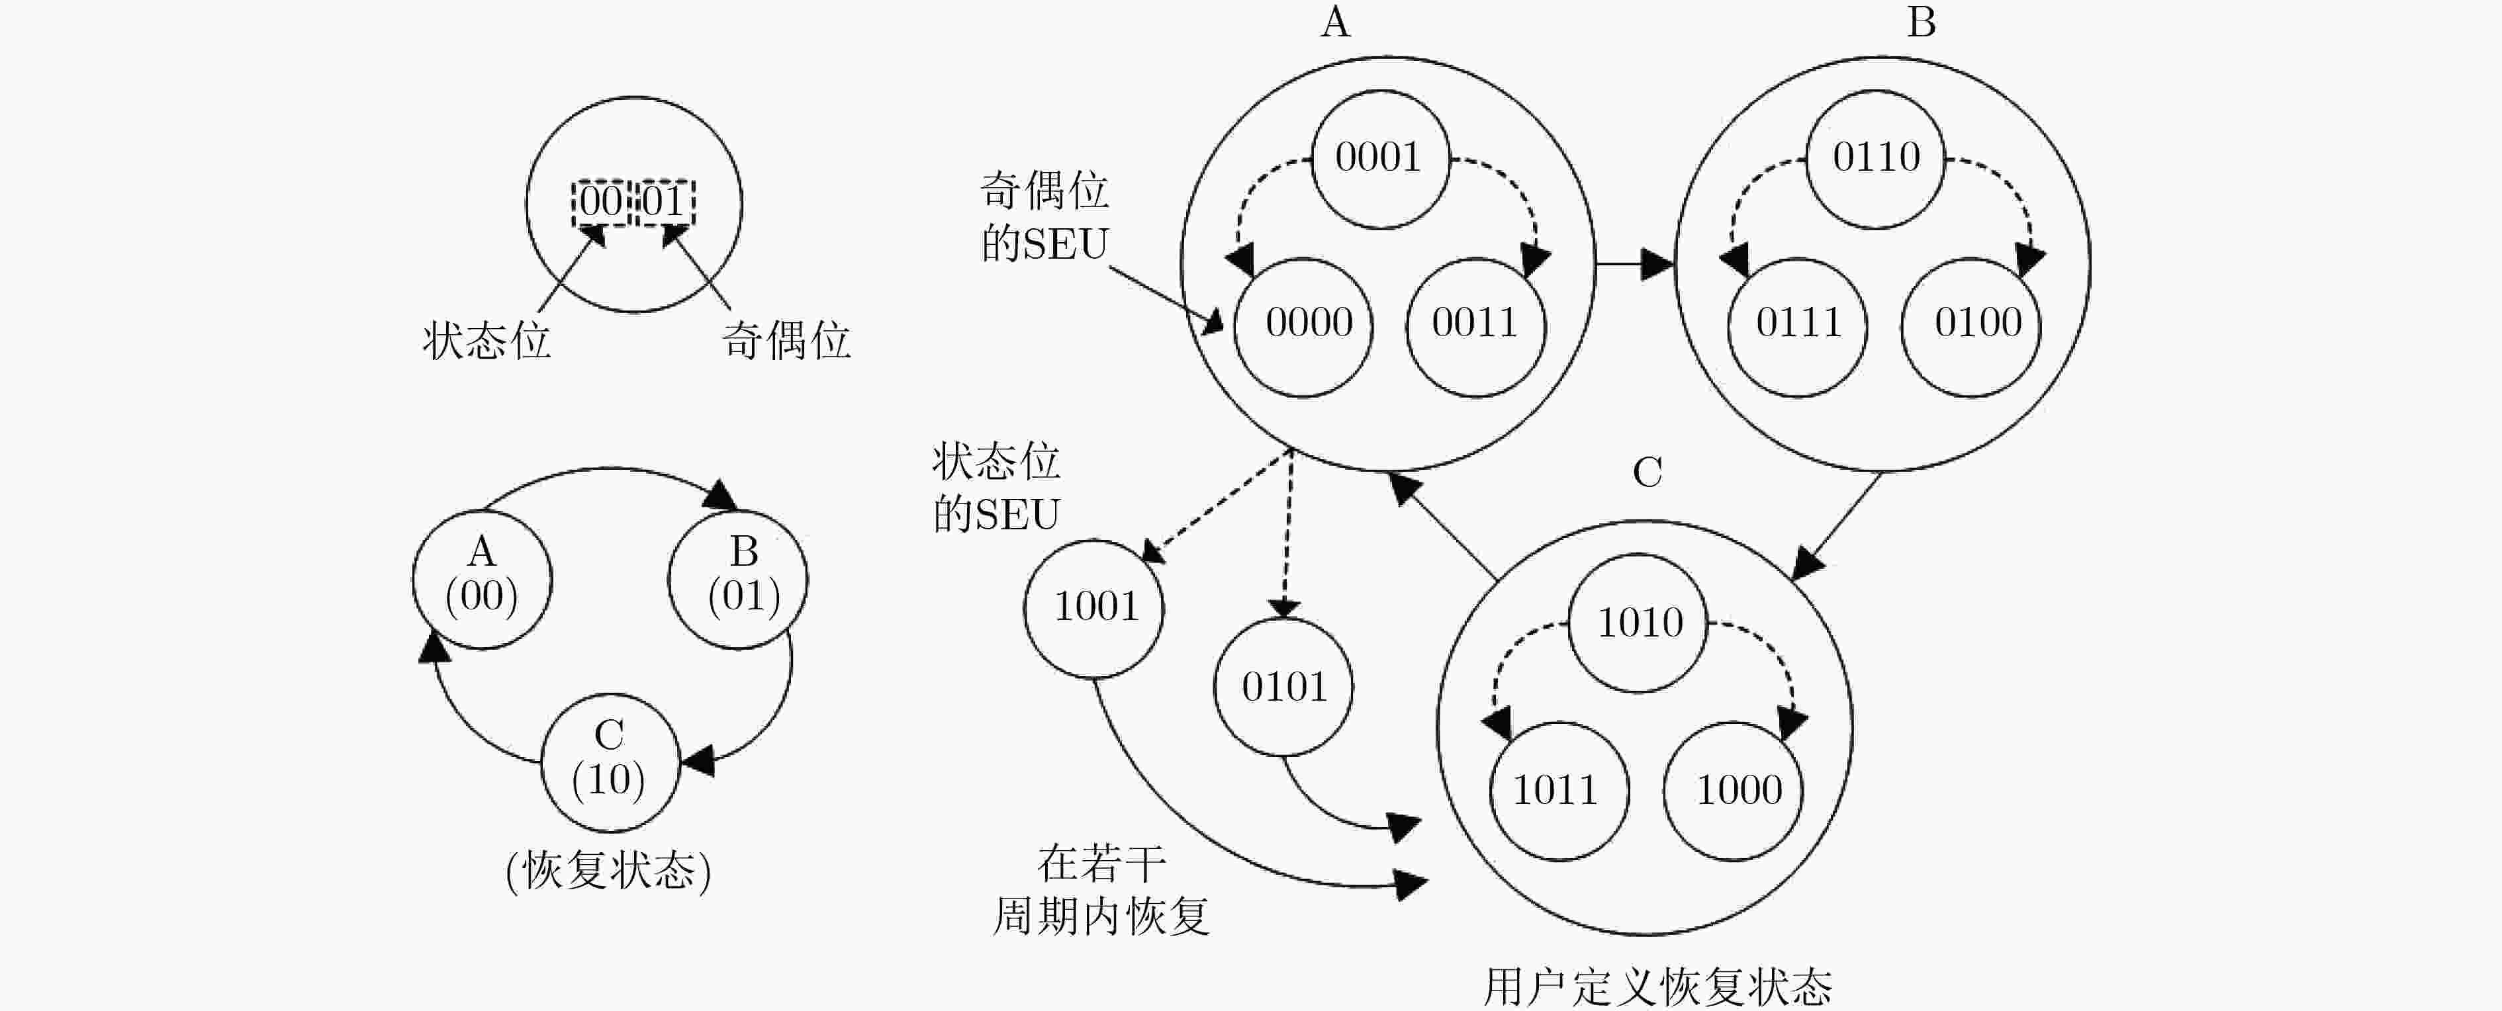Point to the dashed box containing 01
tap(665, 202)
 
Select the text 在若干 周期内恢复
tap(1101, 889)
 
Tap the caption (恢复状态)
tap(609, 870)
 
